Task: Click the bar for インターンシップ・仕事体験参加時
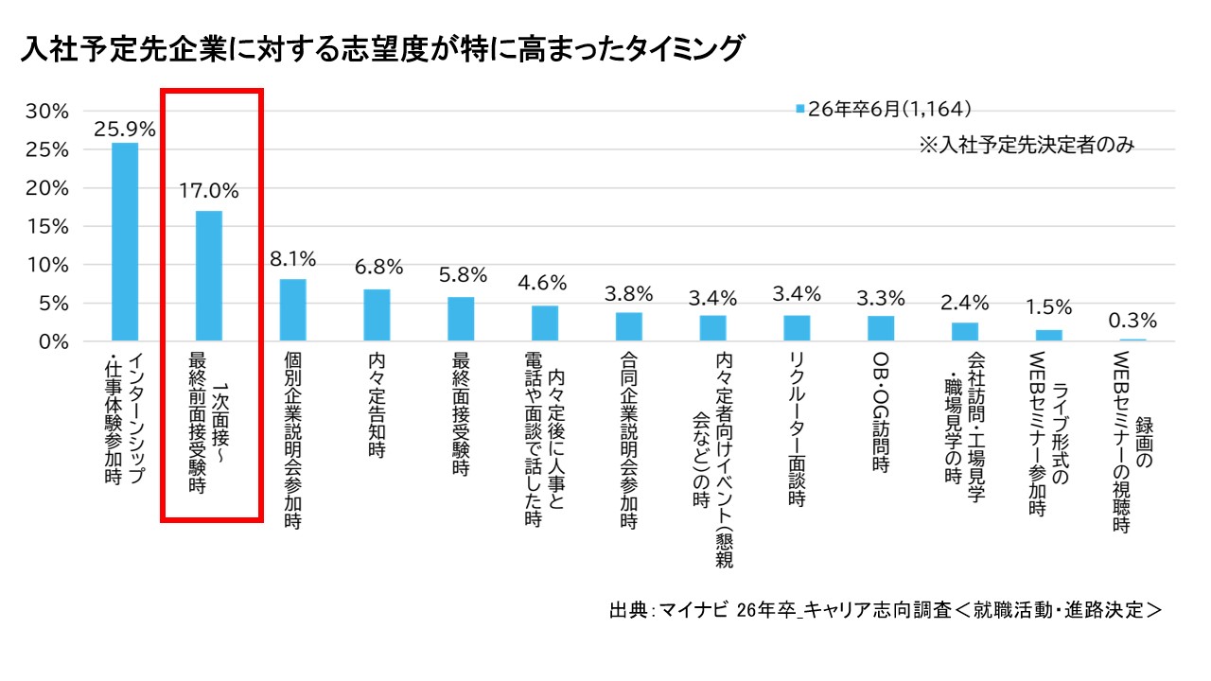coord(125,241)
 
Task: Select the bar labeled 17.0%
coord(208,275)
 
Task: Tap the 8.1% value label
coord(292,259)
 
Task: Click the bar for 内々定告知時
coord(377,315)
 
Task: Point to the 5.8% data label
coord(462,276)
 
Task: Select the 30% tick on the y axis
coord(46,111)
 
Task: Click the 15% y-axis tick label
coord(46,226)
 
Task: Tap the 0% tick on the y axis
coord(53,341)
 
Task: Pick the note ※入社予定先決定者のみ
coord(1026,146)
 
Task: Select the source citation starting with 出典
coord(885,610)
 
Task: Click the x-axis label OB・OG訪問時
coord(880,412)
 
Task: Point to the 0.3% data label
coord(1132,320)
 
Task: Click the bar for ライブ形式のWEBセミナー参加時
coord(1048,335)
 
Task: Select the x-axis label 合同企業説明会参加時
coord(628,441)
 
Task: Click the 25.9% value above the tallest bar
coord(125,128)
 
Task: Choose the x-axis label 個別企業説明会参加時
coord(292,441)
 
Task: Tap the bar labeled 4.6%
coord(545,323)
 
